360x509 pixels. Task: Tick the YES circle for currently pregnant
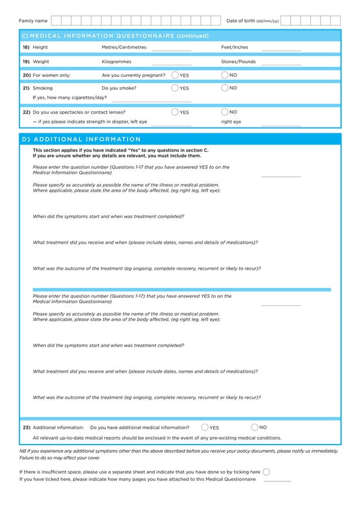click(x=175, y=75)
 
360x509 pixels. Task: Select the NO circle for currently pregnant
click(x=225, y=75)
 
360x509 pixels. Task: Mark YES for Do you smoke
click(x=175, y=88)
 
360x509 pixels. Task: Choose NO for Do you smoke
click(x=225, y=88)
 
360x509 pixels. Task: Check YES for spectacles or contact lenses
click(x=175, y=112)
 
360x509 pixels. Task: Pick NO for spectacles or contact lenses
click(x=225, y=112)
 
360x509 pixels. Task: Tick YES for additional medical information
click(x=205, y=427)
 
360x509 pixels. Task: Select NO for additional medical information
click(x=254, y=427)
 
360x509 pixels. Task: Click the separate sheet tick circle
click(x=266, y=472)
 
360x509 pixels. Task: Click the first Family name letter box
click(x=56, y=21)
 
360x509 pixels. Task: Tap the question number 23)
click(x=27, y=428)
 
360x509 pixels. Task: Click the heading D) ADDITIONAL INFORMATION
click(x=81, y=139)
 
